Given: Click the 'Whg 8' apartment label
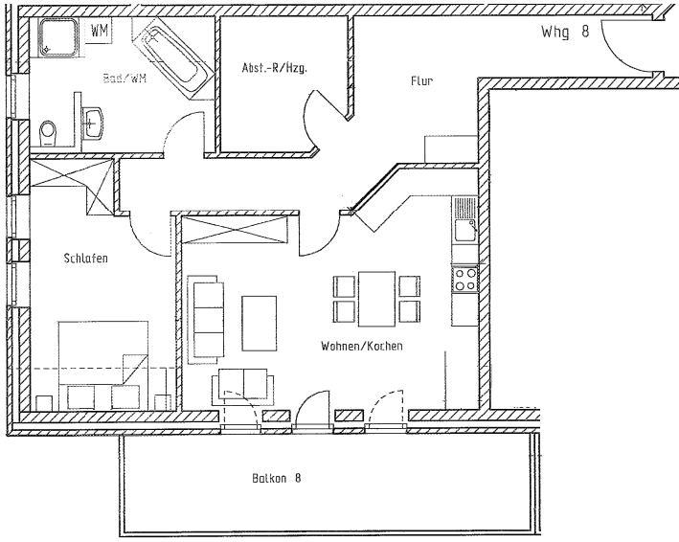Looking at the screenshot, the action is pyautogui.click(x=564, y=31).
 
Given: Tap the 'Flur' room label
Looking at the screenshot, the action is pyautogui.click(x=421, y=81).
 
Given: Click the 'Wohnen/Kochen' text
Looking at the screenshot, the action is pyautogui.click(x=362, y=346).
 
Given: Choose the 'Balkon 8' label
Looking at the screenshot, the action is pyautogui.click(x=278, y=477).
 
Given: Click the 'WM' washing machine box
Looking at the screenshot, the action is pyautogui.click(x=99, y=30).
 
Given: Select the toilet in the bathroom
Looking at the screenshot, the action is pyautogui.click(x=49, y=129).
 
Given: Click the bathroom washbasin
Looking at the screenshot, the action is pyautogui.click(x=94, y=121).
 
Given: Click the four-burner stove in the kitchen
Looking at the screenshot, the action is pyautogui.click(x=465, y=279).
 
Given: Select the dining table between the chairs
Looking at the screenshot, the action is pyautogui.click(x=376, y=298).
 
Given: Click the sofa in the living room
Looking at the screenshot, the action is pyautogui.click(x=204, y=319).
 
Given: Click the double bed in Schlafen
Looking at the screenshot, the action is pyautogui.click(x=104, y=363).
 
